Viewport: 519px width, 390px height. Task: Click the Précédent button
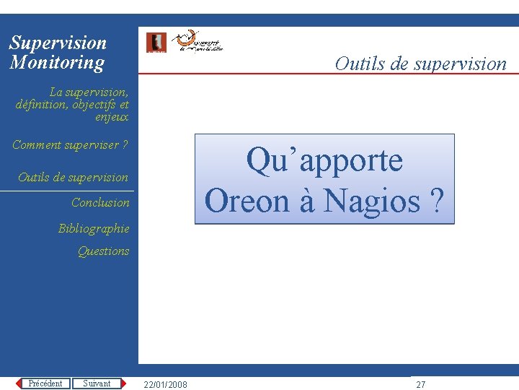point(45,383)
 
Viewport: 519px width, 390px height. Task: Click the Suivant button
point(97,383)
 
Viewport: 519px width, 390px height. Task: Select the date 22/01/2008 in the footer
point(165,384)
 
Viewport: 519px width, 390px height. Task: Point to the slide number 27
point(421,384)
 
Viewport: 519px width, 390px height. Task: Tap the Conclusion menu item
point(100,203)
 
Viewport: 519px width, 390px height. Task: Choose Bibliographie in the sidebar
point(94,229)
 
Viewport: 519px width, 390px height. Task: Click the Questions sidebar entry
point(103,251)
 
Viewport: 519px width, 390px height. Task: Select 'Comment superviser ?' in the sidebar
point(70,145)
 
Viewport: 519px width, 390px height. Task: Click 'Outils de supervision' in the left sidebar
point(73,178)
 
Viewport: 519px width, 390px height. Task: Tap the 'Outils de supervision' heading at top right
point(420,64)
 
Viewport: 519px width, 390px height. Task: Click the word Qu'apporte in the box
point(324,160)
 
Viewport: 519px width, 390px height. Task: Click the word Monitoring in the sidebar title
point(57,63)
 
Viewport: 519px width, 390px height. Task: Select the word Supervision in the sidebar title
point(58,43)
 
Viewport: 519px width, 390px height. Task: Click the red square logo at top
point(156,43)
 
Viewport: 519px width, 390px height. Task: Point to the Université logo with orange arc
point(200,43)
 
